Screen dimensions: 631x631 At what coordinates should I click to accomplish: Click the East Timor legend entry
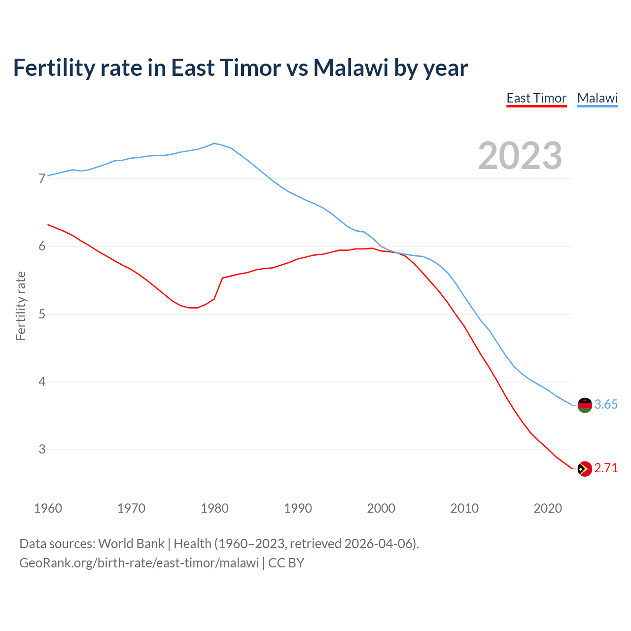[x=536, y=98]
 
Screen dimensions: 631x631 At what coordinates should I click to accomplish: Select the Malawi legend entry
[x=597, y=98]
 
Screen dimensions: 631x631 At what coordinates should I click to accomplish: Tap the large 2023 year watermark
[x=520, y=156]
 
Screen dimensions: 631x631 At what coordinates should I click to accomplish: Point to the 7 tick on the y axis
[x=42, y=178]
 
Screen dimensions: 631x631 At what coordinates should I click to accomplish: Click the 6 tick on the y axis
[x=42, y=246]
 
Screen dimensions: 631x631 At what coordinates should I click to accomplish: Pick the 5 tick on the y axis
[x=42, y=314]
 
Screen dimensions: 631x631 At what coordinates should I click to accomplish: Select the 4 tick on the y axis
[x=42, y=382]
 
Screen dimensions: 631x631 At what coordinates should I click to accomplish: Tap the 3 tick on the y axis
[x=42, y=449]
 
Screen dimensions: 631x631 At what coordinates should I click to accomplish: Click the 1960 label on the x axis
[x=48, y=508]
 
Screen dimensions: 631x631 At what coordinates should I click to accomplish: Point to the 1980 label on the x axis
[x=214, y=508]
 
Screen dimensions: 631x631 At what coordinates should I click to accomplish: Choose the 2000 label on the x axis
[x=381, y=508]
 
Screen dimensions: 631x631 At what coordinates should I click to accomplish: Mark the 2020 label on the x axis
[x=548, y=508]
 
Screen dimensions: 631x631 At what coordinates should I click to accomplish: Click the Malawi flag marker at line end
[x=585, y=405]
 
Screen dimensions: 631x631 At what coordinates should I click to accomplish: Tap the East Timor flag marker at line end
[x=585, y=469]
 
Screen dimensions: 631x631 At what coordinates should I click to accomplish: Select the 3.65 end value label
[x=606, y=405]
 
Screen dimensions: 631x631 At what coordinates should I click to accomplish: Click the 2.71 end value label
[x=606, y=468]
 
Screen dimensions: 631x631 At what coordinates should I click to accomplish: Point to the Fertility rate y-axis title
[x=21, y=306]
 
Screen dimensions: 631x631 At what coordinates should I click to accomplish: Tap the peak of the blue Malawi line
[x=214, y=143]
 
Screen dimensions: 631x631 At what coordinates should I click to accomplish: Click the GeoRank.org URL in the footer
[x=139, y=563]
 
